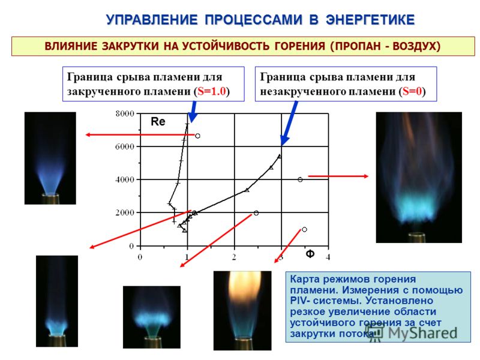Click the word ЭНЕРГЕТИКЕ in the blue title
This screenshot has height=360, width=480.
click(x=370, y=20)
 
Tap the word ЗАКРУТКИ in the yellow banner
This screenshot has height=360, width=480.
click(x=130, y=46)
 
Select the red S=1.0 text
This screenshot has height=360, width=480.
click(x=212, y=91)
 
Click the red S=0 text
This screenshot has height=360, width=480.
click(x=412, y=91)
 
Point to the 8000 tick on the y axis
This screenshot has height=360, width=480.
click(x=125, y=114)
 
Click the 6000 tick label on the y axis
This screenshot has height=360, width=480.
click(x=125, y=146)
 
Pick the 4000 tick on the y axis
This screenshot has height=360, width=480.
click(x=125, y=179)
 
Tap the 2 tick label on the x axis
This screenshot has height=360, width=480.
click(x=234, y=257)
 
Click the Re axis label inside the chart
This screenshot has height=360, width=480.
click(x=158, y=122)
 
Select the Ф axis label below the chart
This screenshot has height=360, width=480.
click(x=310, y=254)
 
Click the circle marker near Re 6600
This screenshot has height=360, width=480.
click(x=198, y=136)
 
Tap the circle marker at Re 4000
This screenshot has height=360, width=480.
click(x=300, y=179)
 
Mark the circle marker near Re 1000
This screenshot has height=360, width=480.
click(x=304, y=229)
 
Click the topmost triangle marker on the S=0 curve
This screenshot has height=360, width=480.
click(x=279, y=156)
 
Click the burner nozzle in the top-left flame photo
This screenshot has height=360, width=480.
click(x=50, y=199)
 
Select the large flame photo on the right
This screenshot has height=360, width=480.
click(x=419, y=178)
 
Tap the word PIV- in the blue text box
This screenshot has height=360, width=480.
click(x=299, y=301)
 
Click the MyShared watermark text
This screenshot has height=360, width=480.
click(x=423, y=333)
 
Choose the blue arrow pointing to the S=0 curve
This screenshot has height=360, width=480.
click(x=289, y=123)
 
